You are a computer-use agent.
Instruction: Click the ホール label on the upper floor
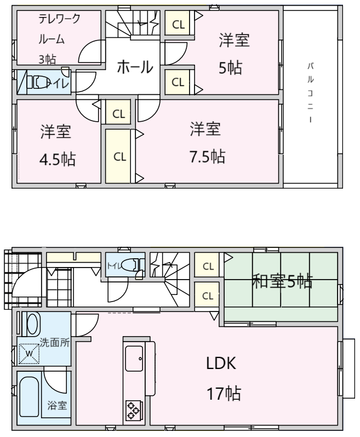coord(135,67)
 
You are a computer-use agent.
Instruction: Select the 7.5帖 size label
coord(208,156)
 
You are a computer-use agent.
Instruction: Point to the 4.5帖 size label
coord(58,160)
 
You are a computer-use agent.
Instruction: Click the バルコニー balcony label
coord(311,93)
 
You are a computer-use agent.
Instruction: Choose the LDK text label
coord(221,363)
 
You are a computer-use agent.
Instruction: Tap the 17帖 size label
coord(224,393)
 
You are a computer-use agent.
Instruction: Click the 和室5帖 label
coord(282,281)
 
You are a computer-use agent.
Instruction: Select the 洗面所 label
coord(55,342)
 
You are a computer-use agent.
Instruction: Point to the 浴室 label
coord(57,405)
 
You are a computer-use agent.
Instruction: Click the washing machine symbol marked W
coord(29,354)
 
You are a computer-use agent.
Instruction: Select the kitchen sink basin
coord(134,359)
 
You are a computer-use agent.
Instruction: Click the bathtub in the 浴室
coord(29,396)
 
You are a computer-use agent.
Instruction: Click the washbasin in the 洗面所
coord(31,324)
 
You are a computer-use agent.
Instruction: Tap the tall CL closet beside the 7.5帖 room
coord(118,156)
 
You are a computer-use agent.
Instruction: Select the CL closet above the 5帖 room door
coord(178,23)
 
